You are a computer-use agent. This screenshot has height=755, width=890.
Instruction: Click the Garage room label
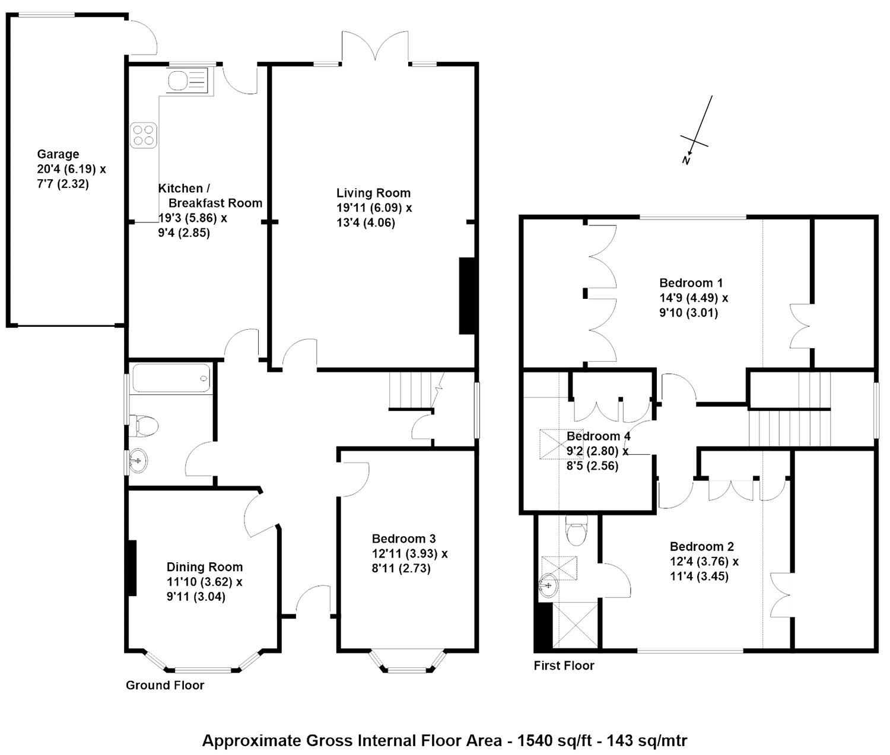point(58,155)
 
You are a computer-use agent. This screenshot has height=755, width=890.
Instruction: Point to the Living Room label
point(373,193)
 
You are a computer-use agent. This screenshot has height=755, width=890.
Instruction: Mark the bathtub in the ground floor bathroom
point(171,378)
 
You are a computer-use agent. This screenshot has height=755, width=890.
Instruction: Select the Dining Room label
point(204,566)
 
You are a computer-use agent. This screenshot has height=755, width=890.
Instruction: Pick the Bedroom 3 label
point(403,539)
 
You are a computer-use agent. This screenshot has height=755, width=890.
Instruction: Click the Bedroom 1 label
point(691,282)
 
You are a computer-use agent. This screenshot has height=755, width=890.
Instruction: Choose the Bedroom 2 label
point(702,546)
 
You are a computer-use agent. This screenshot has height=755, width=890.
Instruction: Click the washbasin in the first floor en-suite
point(549,586)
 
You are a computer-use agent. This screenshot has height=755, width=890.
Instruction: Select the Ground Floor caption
point(165,685)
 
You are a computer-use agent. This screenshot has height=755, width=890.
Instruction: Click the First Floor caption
point(564,665)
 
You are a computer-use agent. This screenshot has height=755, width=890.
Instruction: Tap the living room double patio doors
point(375,47)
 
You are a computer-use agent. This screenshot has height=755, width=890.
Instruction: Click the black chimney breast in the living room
point(467,295)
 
